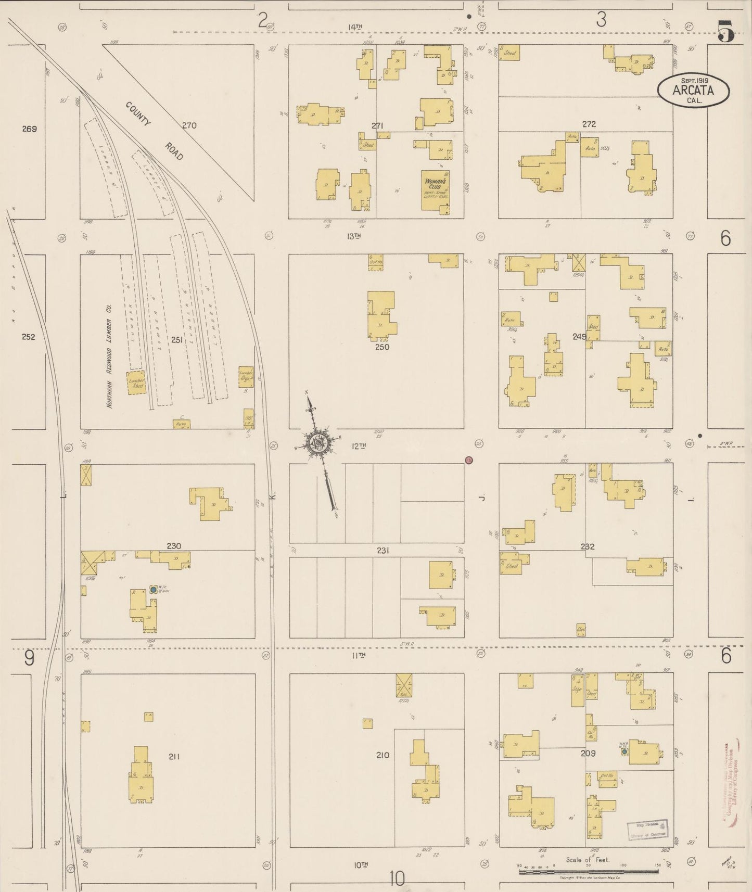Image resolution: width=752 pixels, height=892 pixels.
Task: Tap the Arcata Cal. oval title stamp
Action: tap(693, 91)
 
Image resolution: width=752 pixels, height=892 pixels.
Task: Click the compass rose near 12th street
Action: tap(317, 443)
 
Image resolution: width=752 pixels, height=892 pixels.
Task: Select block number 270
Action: tap(189, 125)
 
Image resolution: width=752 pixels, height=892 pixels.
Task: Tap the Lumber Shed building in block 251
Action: tap(136, 383)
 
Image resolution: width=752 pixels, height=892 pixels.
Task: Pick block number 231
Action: tap(383, 550)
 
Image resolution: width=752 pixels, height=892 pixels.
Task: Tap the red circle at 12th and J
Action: tap(469, 460)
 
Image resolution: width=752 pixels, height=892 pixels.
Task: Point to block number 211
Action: tap(174, 756)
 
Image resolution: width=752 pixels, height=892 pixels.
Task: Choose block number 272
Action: tap(589, 124)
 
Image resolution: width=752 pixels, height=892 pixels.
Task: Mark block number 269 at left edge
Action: tap(29, 129)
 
